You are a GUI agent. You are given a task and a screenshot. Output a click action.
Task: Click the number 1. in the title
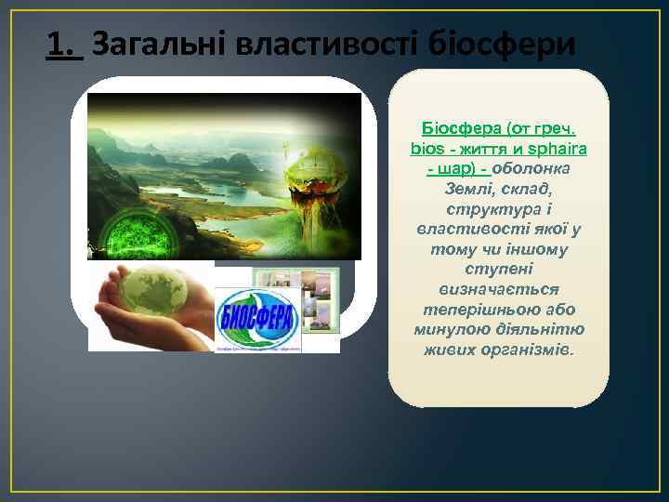[x=64, y=42]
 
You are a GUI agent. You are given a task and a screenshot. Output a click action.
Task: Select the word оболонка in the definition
[x=531, y=168]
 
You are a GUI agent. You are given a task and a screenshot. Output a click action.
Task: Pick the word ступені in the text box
[x=498, y=270]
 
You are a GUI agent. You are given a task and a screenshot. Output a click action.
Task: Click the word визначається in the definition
[x=498, y=290]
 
